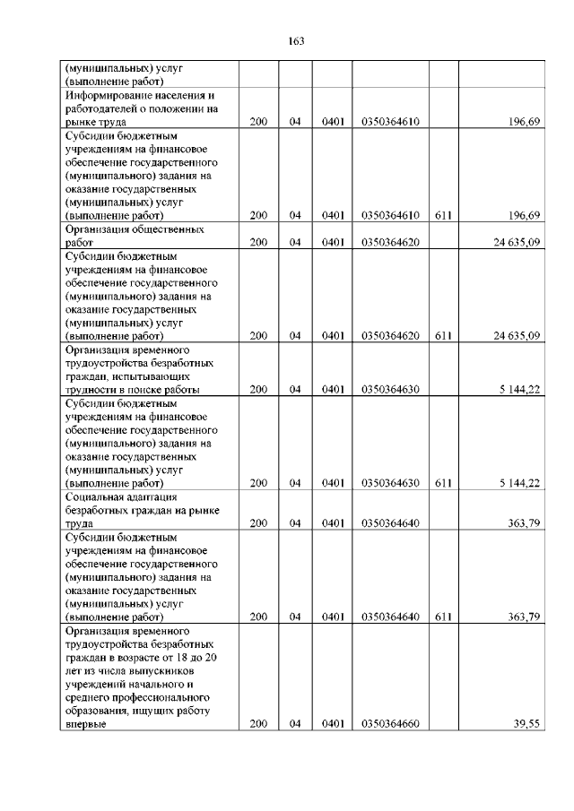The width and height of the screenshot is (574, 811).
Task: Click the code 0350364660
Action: click(x=390, y=725)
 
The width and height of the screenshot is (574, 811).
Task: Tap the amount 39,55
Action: click(x=525, y=725)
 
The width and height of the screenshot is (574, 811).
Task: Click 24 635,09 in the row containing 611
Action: click(x=516, y=336)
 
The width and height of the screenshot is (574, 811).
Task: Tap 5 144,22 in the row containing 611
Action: click(x=519, y=483)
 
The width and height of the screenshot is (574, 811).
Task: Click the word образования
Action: click(x=100, y=712)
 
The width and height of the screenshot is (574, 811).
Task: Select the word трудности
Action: click(x=92, y=390)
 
